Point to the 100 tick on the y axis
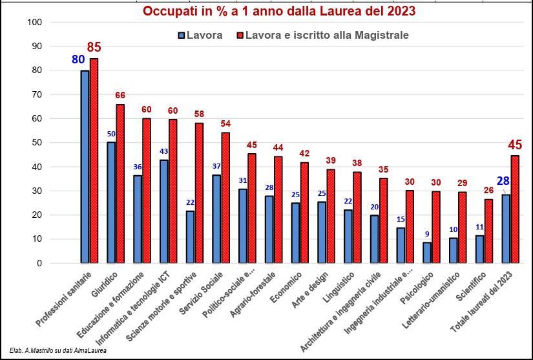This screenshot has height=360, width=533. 36,23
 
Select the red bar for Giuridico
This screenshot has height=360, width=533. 120,184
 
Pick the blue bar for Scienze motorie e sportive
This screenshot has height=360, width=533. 190,237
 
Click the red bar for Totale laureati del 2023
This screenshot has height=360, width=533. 516,209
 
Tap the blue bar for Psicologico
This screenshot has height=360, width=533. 427,253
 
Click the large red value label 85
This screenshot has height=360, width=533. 94,47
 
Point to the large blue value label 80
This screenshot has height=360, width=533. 78,60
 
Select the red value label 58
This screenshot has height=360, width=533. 200,114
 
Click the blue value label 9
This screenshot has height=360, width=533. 427,234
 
